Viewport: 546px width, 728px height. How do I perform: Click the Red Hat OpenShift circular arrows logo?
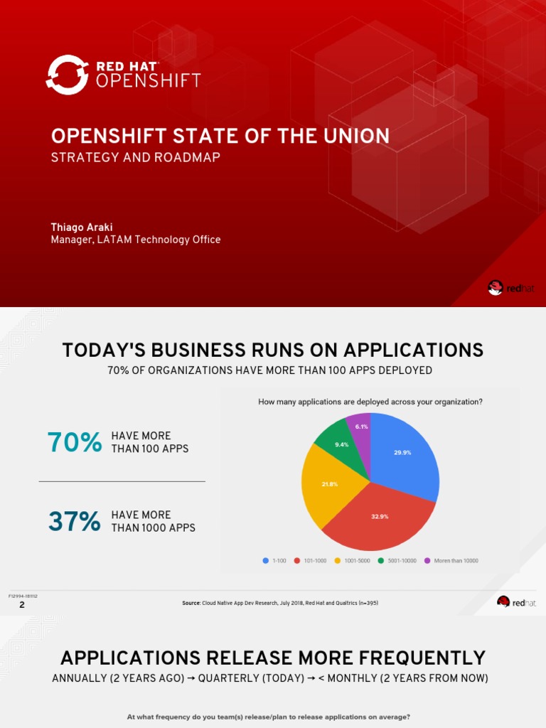click(x=67, y=75)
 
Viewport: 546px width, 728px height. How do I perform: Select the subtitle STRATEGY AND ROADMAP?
click(x=135, y=157)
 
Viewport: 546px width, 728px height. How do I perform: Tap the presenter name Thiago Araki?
click(x=82, y=227)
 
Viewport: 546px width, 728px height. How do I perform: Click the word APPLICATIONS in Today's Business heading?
click(x=414, y=350)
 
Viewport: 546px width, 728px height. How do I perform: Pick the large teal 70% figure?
click(x=75, y=442)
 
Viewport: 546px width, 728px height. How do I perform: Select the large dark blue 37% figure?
click(x=75, y=521)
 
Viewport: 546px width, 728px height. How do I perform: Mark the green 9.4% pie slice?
click(x=341, y=444)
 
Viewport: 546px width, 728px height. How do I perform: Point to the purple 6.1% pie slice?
click(x=361, y=427)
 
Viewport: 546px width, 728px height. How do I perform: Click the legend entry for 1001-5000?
click(x=353, y=560)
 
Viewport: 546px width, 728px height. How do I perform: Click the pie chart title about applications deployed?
click(x=370, y=402)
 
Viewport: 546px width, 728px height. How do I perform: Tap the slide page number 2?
click(x=22, y=604)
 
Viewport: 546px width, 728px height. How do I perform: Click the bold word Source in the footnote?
click(x=191, y=603)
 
